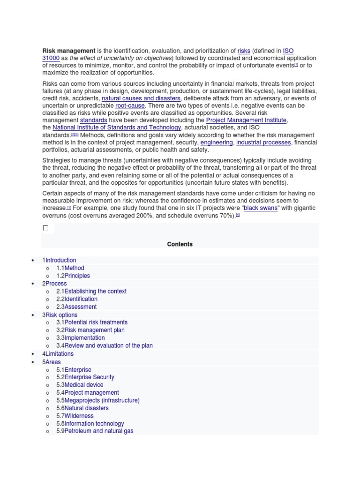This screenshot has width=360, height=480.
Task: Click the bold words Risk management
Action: click(69, 51)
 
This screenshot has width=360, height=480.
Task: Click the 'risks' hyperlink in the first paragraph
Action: click(244, 51)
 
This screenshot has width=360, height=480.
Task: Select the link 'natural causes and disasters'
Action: click(141, 98)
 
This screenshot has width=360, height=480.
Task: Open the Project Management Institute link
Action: click(246, 120)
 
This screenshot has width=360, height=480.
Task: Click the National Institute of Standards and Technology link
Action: click(117, 127)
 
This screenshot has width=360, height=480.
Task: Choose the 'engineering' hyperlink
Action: click(217, 142)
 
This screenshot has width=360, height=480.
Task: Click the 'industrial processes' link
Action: click(263, 142)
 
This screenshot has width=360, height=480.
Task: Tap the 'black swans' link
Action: click(260, 208)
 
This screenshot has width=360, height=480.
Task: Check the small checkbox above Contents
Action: click(45, 228)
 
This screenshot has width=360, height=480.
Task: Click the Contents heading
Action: click(180, 244)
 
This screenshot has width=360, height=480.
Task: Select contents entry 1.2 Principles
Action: click(73, 276)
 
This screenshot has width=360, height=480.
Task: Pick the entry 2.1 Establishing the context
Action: click(91, 291)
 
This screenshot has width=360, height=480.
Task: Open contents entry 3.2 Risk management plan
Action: click(91, 330)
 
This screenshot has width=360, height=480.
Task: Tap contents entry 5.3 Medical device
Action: click(80, 385)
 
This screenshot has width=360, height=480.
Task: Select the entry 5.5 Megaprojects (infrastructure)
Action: click(98, 400)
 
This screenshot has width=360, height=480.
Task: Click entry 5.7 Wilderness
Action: click(75, 416)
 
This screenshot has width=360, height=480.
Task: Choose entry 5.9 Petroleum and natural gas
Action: click(95, 431)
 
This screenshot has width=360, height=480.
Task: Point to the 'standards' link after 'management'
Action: click(94, 120)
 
